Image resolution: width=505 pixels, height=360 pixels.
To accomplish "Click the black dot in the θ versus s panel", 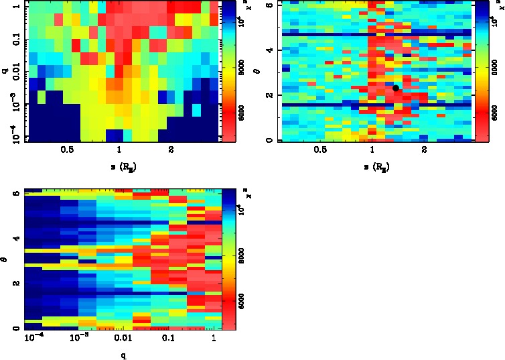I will pos(396,88).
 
